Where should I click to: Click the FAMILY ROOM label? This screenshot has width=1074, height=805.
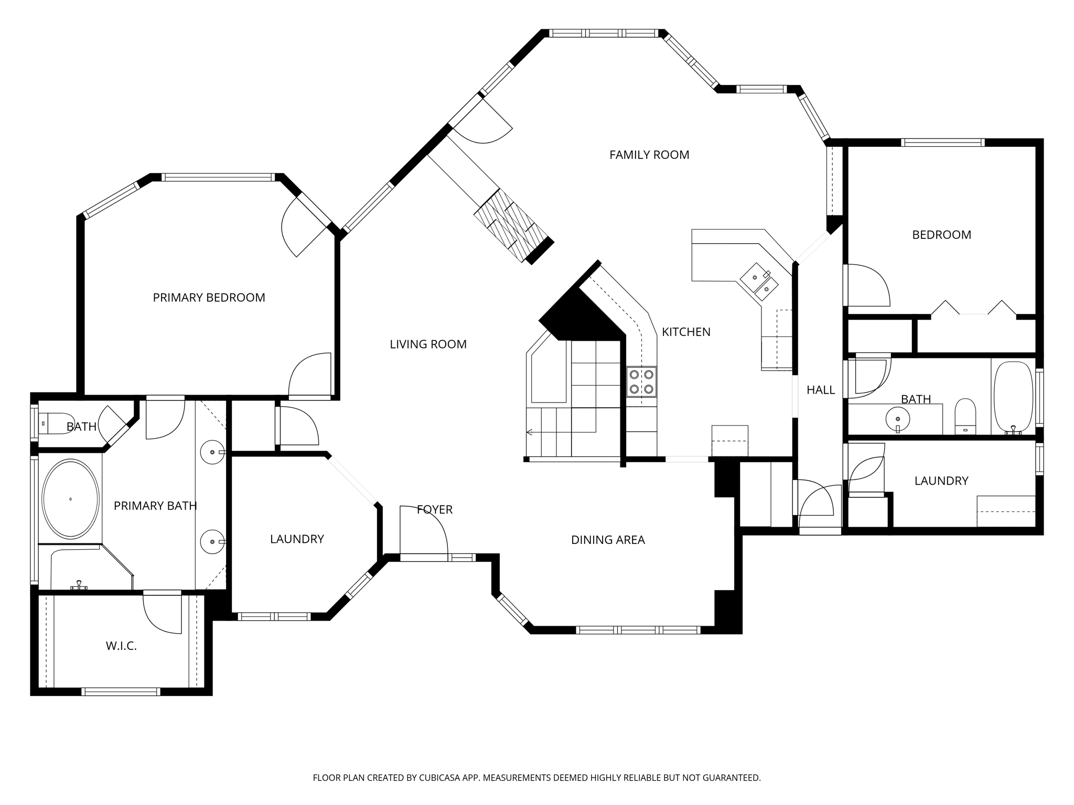point(649,155)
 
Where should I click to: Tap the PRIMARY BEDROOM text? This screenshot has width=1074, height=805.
point(209,298)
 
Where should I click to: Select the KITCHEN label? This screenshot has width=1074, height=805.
point(686,332)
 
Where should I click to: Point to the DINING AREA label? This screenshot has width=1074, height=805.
point(608,540)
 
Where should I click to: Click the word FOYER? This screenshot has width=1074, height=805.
point(434,509)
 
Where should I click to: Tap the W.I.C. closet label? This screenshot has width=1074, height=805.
point(121,646)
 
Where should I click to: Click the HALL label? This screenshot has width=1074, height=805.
point(820,390)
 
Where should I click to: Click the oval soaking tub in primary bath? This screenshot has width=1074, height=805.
point(70,499)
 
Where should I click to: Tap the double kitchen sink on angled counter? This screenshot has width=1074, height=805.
point(759,282)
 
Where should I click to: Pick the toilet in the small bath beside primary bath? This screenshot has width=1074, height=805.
point(50,423)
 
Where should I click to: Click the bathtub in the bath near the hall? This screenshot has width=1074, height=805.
point(1013,397)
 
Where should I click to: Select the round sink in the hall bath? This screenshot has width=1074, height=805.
point(897,419)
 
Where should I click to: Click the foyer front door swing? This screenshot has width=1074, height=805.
point(423,529)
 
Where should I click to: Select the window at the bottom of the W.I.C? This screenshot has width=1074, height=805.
point(121,692)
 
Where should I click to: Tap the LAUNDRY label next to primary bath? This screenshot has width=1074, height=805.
point(297,539)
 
